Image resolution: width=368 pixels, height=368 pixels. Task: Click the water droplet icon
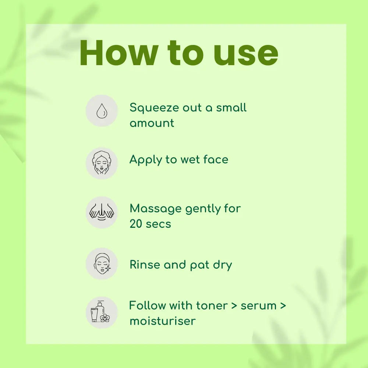(102, 110)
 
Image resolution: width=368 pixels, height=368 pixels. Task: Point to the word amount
(152, 123)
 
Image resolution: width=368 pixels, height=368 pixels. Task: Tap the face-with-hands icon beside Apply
(102, 163)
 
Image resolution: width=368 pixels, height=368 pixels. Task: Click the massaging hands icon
(102, 212)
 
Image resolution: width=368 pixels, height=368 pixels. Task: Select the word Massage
(156, 209)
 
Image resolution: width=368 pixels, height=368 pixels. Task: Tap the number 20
(136, 224)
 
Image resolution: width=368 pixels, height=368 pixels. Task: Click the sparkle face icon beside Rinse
(102, 263)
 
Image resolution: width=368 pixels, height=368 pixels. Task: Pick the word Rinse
(145, 265)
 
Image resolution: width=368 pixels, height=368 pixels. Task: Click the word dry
(223, 265)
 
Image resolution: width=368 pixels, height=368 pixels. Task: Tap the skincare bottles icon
(100, 312)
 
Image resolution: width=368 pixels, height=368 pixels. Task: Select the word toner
(212, 306)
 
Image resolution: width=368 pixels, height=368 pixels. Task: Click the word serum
(259, 306)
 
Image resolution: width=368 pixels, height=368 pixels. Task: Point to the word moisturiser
(163, 321)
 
